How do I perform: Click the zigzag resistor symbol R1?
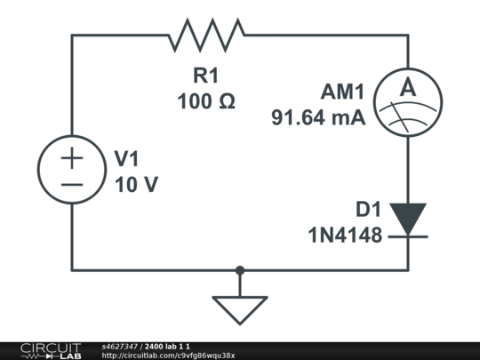tap(206, 36)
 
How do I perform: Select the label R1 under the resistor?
tap(205, 76)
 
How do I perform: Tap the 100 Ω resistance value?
tap(206, 100)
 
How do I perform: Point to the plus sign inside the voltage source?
tap(72, 158)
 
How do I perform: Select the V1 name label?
tap(128, 159)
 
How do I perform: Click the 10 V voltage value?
tap(136, 185)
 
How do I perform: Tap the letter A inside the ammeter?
tap(407, 88)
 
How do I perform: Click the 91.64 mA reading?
tap(319, 116)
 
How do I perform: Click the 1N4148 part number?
tap(345, 236)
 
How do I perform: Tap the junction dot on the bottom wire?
tap(240, 269)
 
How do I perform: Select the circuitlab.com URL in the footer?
tap(168, 356)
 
